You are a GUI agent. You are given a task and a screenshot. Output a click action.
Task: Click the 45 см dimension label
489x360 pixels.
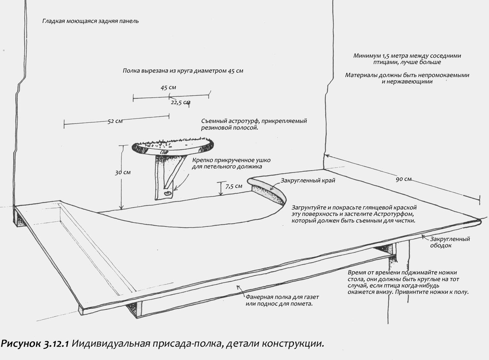coord(168,88)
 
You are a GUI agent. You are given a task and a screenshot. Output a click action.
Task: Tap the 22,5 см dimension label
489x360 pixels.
coord(181,102)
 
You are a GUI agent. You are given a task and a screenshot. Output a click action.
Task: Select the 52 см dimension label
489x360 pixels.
coord(115,121)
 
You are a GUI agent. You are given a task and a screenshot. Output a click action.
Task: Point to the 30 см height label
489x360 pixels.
coord(123,173)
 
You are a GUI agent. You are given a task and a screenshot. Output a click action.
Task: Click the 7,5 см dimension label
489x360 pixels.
coord(234,186)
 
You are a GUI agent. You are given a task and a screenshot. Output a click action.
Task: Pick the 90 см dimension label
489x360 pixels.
coord(403,179)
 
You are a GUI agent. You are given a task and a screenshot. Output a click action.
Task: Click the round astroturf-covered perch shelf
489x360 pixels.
coord(172,146)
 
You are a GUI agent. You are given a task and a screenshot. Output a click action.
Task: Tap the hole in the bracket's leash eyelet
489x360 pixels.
coord(168,193)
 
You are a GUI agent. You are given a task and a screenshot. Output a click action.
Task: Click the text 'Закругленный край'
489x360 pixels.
coord(308,181)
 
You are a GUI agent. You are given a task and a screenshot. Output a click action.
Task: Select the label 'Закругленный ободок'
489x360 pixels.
coord(450,242)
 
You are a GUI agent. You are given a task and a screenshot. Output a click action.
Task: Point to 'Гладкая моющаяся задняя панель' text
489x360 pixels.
coord(90,21)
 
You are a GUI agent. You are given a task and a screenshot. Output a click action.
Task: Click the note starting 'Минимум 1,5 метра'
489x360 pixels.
coord(407,59)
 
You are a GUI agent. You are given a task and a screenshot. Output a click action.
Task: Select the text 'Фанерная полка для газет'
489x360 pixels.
coord(282,297)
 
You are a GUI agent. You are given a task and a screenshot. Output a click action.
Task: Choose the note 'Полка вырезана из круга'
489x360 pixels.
coord(183,71)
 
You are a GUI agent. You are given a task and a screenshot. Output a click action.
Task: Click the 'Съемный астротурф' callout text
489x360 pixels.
coord(254,124)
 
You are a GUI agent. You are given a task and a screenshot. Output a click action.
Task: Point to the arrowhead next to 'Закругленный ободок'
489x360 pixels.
coord(423,236)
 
